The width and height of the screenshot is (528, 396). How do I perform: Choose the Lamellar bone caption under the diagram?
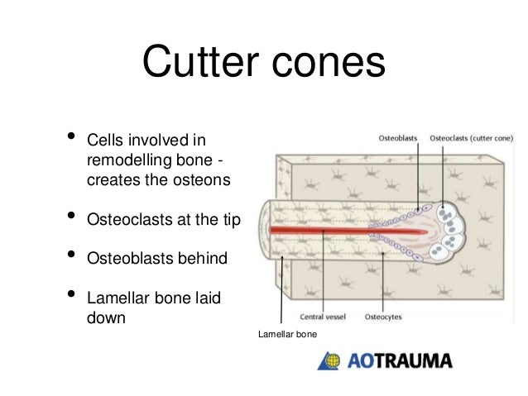tap(282, 334)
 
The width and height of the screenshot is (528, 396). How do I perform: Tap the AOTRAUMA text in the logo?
tap(399, 361)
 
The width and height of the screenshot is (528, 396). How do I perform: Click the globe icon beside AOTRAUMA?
tap(329, 361)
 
